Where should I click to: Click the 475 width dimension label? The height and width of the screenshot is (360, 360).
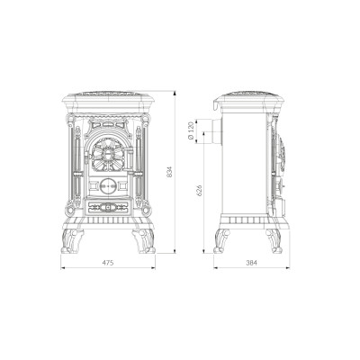tap(108, 263)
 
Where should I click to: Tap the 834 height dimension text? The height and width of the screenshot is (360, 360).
tap(169, 172)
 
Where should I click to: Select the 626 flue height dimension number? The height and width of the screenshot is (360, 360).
tap(199, 191)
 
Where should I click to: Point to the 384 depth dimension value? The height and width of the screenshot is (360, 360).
tap(252, 263)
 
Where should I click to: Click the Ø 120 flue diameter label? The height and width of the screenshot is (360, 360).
tap(190, 131)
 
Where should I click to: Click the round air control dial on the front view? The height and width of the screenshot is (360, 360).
tap(108, 186)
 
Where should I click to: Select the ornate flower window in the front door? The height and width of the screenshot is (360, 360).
tap(108, 155)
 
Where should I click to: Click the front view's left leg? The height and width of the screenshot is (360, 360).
tap(72, 241)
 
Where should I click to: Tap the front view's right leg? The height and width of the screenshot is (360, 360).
tap(143, 241)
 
